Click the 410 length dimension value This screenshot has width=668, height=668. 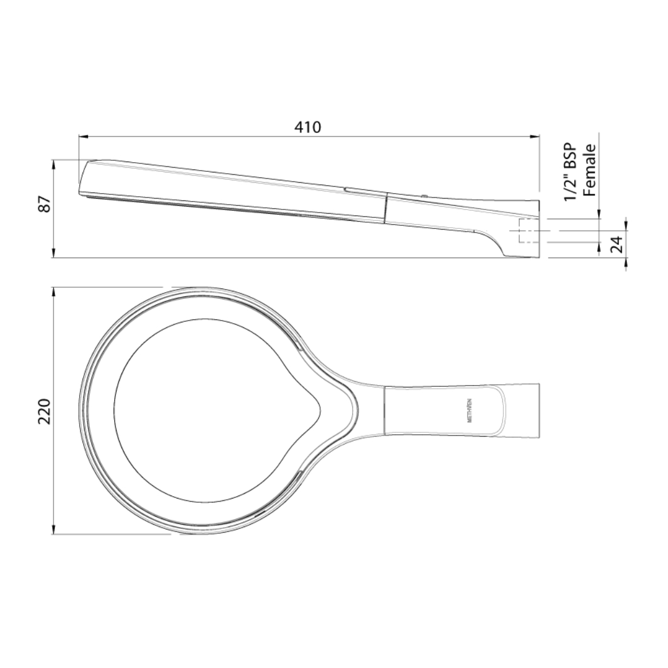pyautogui.click(x=307, y=127)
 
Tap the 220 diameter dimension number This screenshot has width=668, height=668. pyautogui.click(x=44, y=411)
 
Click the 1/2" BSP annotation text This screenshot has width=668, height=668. pyautogui.click(x=570, y=172)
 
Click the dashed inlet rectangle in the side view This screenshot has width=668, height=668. pyautogui.click(x=528, y=231)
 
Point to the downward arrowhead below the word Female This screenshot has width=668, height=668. pyautogui.click(x=599, y=214)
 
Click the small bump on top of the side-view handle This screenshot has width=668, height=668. pyautogui.click(x=424, y=196)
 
